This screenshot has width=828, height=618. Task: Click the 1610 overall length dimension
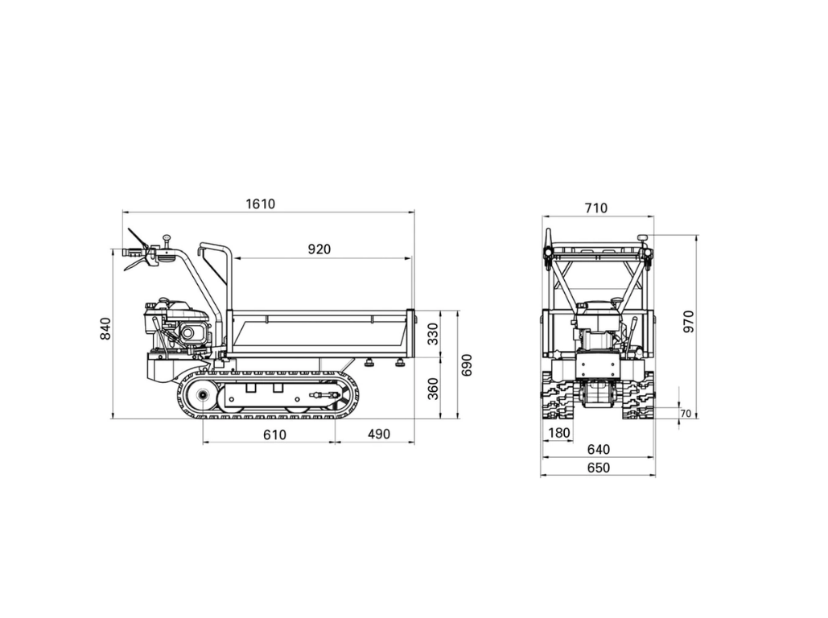tap(261, 204)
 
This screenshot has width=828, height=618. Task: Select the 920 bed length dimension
tap(319, 249)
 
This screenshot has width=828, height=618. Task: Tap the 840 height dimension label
tap(105, 328)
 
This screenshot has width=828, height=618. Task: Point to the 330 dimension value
tap(433, 334)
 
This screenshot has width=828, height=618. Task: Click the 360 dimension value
tap(433, 389)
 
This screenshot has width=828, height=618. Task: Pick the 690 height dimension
tap(467, 365)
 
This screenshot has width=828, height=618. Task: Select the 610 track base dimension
tap(274, 435)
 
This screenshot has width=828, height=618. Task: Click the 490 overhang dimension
tap(379, 435)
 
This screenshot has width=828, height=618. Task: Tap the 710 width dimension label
tap(596, 208)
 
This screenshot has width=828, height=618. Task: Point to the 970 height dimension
tap(689, 322)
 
